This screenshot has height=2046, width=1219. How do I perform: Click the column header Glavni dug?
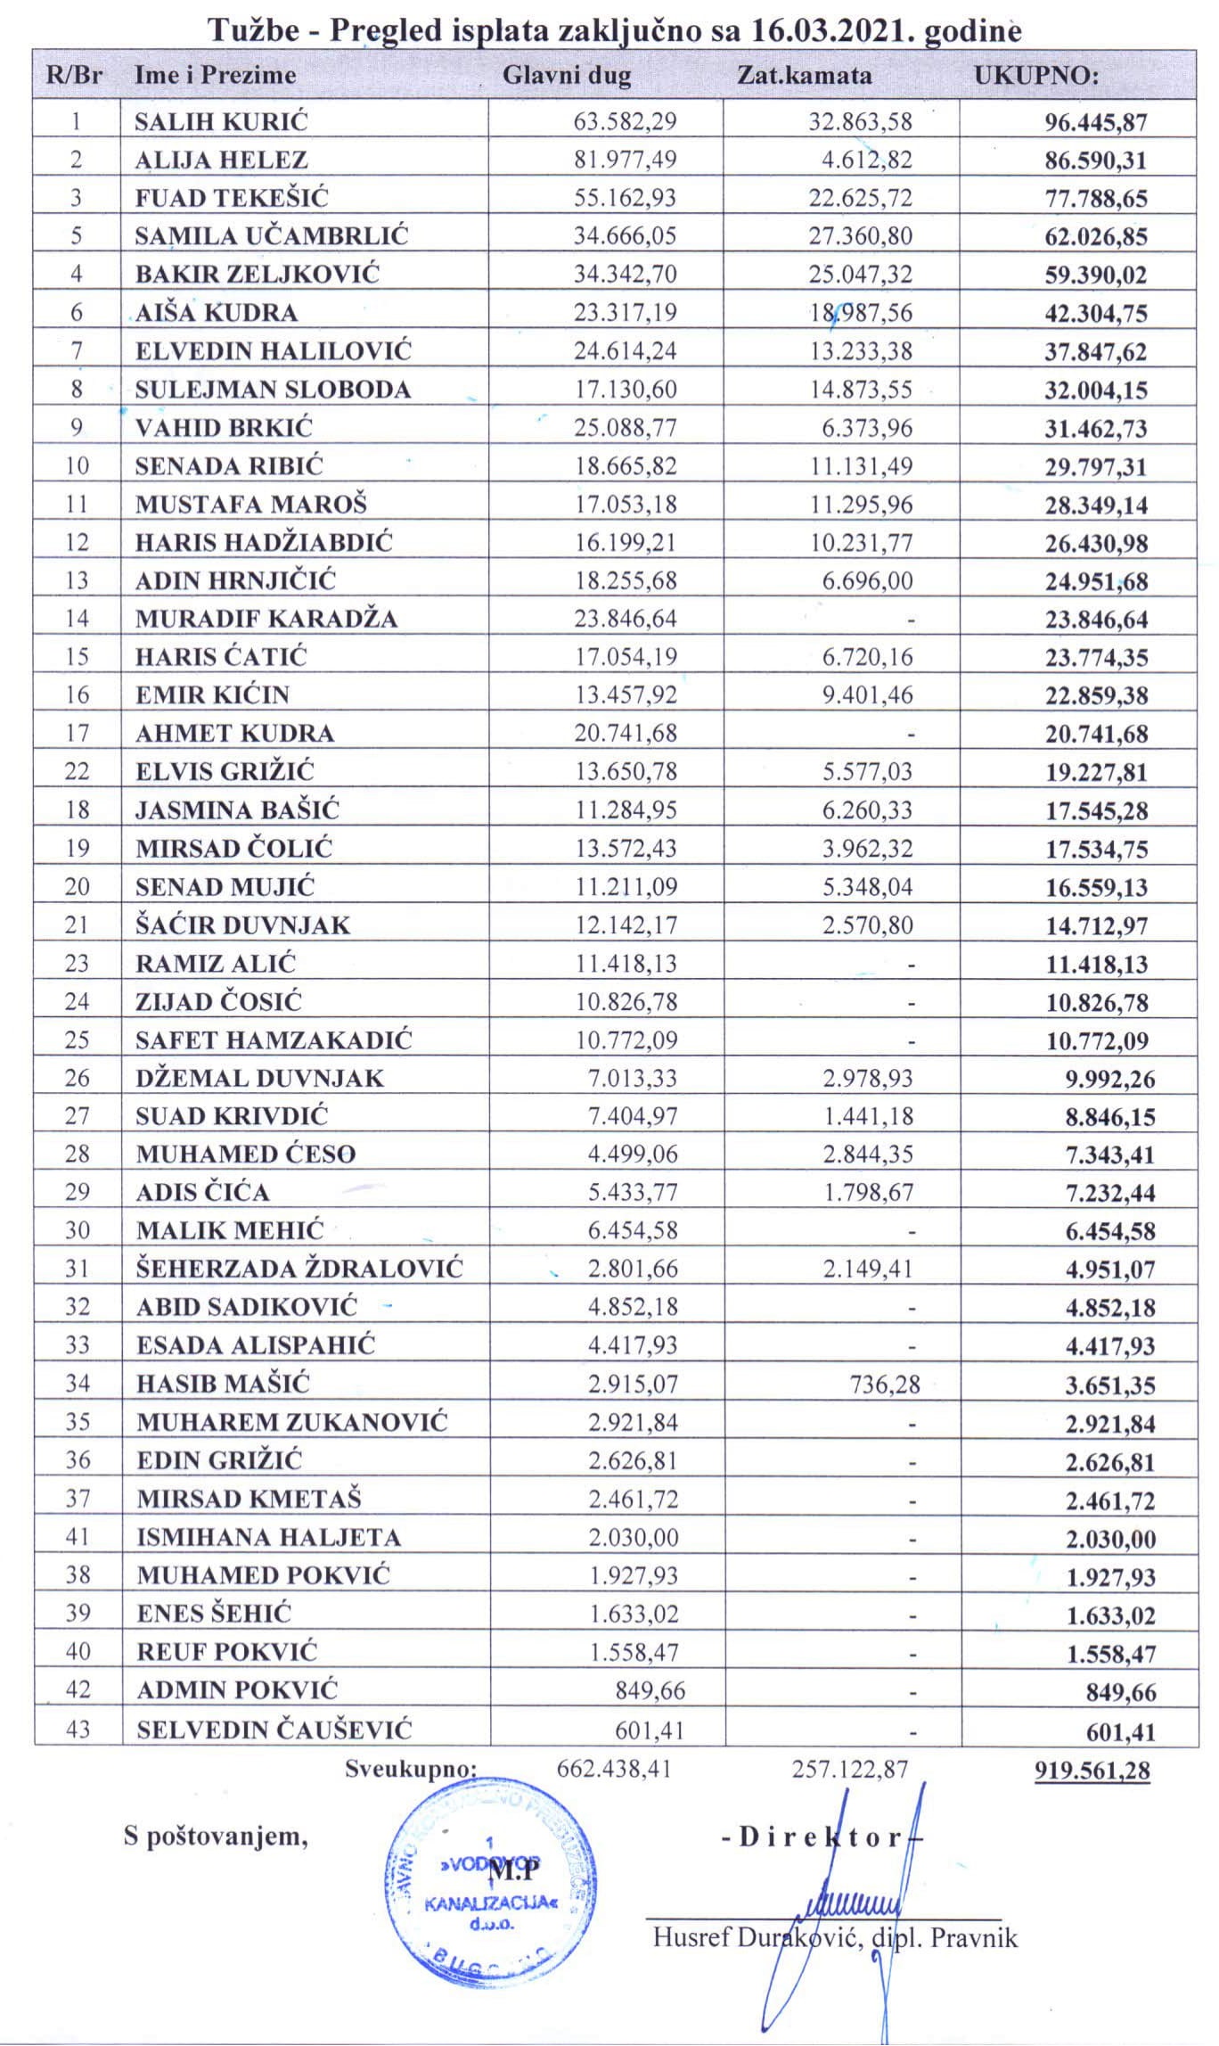(567, 75)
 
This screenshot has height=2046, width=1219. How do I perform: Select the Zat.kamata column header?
(804, 75)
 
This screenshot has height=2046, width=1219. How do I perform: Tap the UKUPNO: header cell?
(1035, 75)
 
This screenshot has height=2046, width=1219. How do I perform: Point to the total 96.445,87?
(1096, 122)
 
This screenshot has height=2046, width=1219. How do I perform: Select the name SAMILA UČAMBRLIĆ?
(272, 236)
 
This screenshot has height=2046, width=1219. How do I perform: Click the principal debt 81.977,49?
(626, 160)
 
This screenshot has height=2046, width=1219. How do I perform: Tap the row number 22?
(78, 771)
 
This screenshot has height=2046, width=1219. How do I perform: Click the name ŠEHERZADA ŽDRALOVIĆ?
(299, 1269)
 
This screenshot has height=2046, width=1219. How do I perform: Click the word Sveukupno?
(412, 1769)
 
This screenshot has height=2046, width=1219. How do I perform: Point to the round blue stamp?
(487, 1884)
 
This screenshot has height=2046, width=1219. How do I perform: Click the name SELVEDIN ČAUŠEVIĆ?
(274, 1730)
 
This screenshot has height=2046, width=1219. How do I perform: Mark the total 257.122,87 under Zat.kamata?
(850, 1769)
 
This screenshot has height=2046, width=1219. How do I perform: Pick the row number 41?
(78, 1538)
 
